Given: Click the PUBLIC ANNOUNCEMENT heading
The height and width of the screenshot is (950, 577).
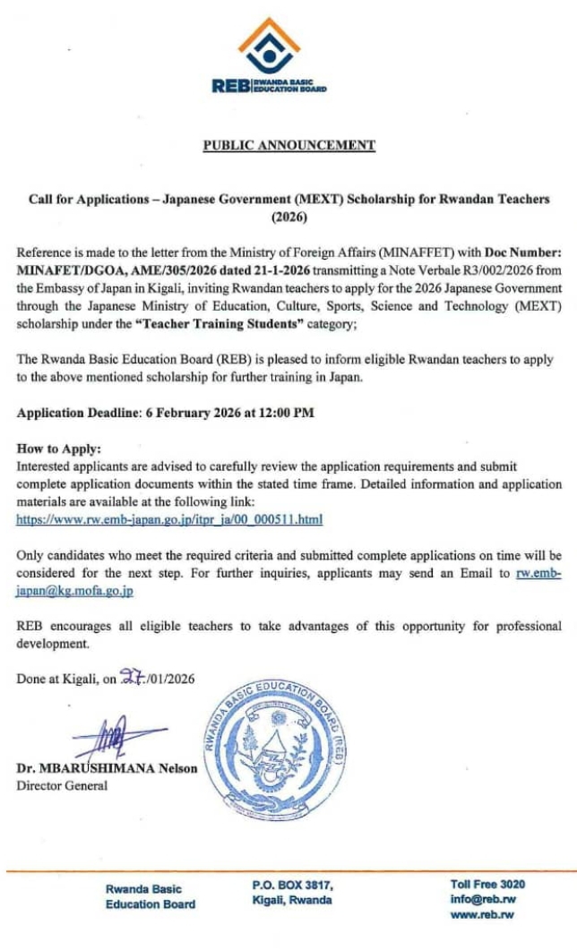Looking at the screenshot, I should [x=288, y=145].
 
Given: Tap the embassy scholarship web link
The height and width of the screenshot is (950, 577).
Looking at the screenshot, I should [x=170, y=519].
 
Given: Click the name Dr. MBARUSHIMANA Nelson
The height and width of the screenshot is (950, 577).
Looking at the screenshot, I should [x=107, y=769].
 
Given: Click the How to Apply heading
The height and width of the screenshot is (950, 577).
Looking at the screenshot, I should [x=59, y=448].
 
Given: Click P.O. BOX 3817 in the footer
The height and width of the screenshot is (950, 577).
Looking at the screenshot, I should [x=293, y=885].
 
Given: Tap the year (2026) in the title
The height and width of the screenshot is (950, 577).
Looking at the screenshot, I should [x=288, y=216].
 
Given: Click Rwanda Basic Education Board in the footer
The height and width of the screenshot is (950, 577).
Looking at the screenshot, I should [x=150, y=896].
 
